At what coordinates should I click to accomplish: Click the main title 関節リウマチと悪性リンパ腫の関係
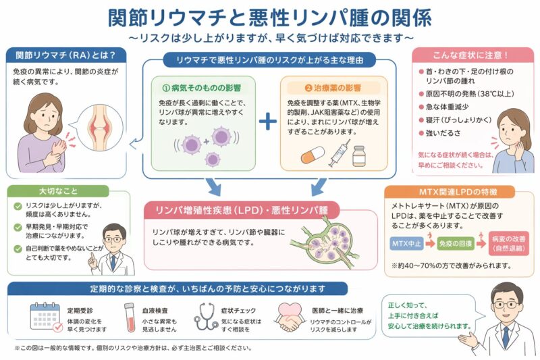(270, 16)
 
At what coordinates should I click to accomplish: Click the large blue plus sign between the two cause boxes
(268, 121)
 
